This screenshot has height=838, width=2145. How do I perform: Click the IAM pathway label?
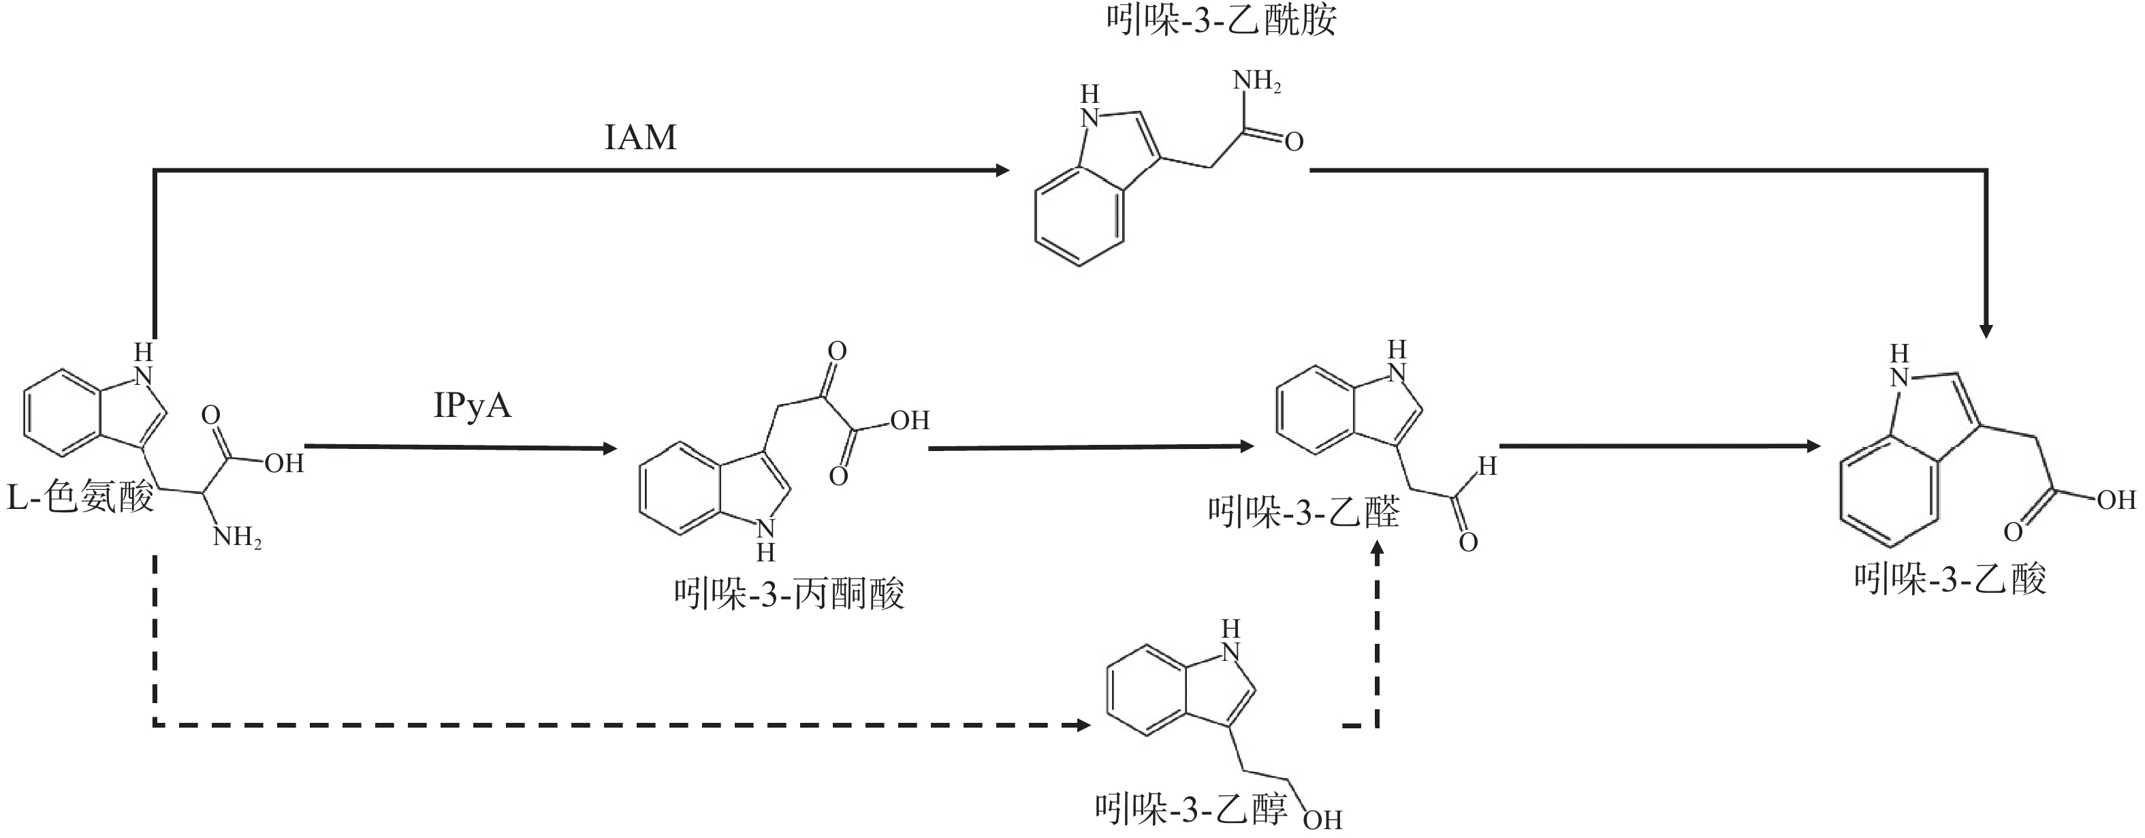pos(639,138)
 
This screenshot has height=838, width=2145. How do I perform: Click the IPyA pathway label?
pos(472,405)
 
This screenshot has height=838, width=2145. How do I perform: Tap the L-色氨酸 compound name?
pos(81,498)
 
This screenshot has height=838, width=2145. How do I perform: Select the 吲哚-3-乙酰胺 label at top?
pos(1221,20)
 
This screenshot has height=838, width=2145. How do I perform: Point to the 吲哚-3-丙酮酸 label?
pos(789,595)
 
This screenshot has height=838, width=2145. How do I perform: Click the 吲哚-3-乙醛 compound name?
pos(1304,512)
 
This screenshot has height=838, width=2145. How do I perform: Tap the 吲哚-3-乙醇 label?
pos(1191,809)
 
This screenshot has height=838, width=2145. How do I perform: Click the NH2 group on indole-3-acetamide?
pos(1256,82)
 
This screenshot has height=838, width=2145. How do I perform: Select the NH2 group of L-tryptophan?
pos(238,538)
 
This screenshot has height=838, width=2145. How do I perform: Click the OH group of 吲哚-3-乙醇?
pos(1322,820)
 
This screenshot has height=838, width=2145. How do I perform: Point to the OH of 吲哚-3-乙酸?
pos(2116,500)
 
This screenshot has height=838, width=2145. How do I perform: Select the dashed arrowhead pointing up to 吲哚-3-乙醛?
pos(1376,550)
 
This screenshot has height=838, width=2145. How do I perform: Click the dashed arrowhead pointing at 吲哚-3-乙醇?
pos(1083,726)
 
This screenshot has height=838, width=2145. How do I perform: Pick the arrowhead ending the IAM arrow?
pos(1002,171)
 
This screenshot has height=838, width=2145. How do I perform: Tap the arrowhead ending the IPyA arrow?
pos(609,448)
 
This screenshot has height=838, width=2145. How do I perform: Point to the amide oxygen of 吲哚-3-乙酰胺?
pos(1293,142)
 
